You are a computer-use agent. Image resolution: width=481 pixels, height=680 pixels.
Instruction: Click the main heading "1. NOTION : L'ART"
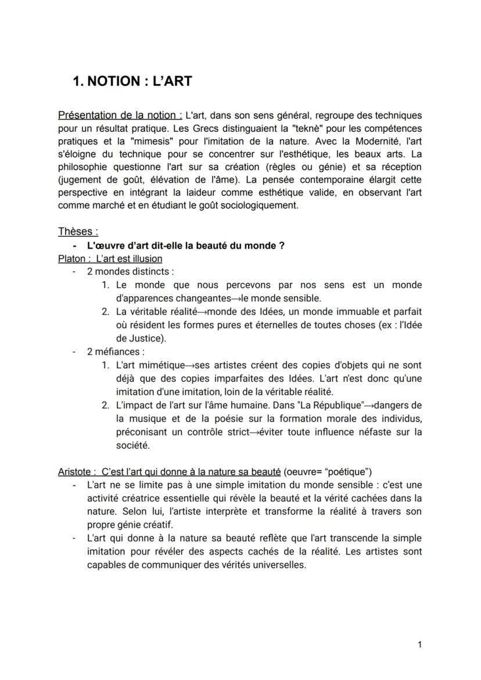pyautogui.click(x=132, y=81)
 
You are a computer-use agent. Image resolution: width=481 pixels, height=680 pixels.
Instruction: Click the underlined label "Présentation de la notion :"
pyautogui.click(x=120, y=115)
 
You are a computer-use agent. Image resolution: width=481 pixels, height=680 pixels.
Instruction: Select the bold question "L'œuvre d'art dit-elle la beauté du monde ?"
pyautogui.click(x=185, y=245)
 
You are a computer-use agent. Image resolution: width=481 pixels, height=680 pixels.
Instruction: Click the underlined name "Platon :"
pyautogui.click(x=74, y=258)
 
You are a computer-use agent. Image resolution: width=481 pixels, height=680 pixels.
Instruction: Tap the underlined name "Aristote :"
pyautogui.click(x=77, y=471)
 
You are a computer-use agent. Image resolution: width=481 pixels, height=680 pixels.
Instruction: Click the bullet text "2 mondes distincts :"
pyautogui.click(x=130, y=271)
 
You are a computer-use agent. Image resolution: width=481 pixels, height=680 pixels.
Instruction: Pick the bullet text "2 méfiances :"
pyautogui.click(x=116, y=351)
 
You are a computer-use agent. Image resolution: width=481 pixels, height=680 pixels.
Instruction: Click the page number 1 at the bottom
pyautogui.click(x=419, y=645)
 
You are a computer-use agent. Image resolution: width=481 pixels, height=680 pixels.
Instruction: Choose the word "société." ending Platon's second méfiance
pyautogui.click(x=132, y=445)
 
